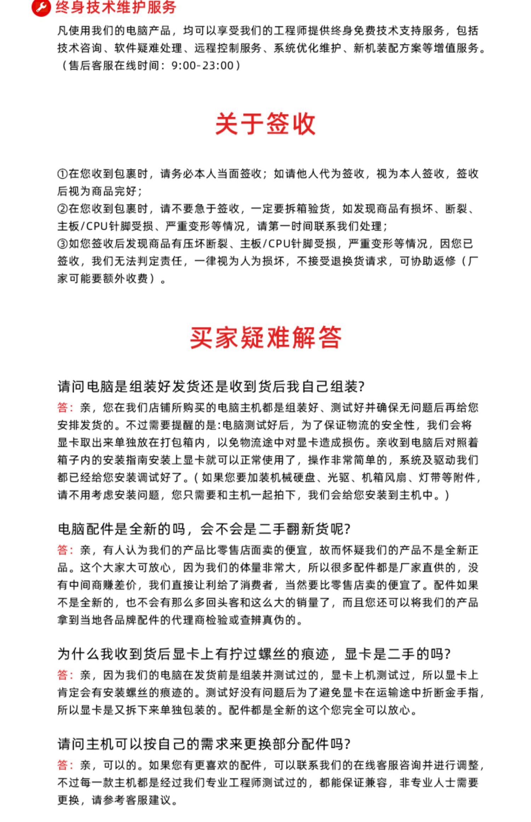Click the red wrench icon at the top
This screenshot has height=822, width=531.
[x=41, y=7]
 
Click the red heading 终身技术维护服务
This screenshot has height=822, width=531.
[x=116, y=7]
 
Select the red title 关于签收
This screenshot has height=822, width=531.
[x=265, y=124]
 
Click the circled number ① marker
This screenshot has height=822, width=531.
[x=62, y=174]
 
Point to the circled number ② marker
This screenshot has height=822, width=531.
[x=62, y=209]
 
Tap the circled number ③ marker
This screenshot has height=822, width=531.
[x=62, y=244]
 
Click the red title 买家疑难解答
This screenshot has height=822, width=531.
[x=265, y=338]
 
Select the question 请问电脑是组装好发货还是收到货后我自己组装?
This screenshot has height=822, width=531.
[x=211, y=386]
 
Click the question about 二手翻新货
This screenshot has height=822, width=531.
[x=204, y=529]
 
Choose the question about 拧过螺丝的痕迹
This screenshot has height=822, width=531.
[x=253, y=654]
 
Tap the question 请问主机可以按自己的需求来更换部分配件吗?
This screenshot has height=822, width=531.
[x=204, y=744]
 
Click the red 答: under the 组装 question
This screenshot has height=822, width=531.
[x=65, y=407]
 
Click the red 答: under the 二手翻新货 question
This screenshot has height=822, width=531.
[x=65, y=550]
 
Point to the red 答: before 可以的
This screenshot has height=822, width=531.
[x=65, y=765]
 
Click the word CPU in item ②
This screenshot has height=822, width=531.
[x=97, y=226]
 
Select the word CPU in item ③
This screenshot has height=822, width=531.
[x=279, y=244]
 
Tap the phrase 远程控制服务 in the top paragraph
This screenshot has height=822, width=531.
[x=228, y=48]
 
